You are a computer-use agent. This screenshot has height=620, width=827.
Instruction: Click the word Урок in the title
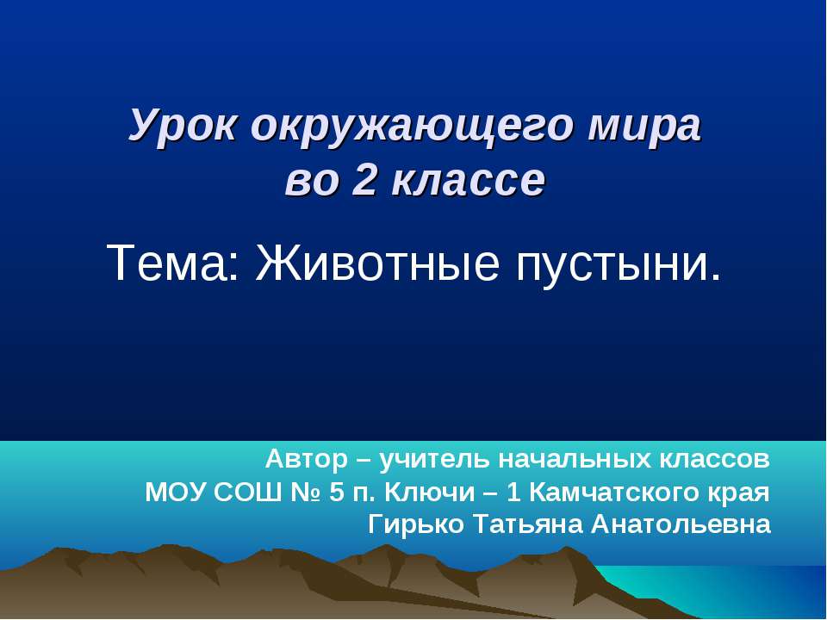pyautogui.click(x=183, y=127)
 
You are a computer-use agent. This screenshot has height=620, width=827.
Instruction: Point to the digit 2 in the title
pyautogui.click(x=363, y=181)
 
